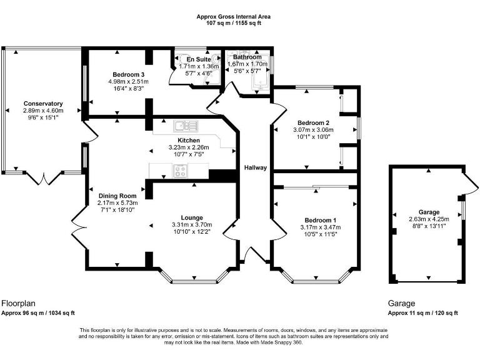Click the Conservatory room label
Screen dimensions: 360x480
pyautogui.click(x=43, y=103)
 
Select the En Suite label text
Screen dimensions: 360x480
pyautogui.click(x=190, y=59)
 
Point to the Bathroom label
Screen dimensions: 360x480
pyautogui.click(x=247, y=57)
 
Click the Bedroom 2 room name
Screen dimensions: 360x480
pyautogui.click(x=312, y=122)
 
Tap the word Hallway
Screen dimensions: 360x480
pyautogui.click(x=256, y=167)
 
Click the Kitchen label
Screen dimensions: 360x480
pyautogui.click(x=189, y=140)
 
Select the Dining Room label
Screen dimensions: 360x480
pyautogui.click(x=117, y=196)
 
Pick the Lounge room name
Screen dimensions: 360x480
pyautogui.click(x=192, y=217)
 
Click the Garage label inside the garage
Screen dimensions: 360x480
pyautogui.click(x=429, y=212)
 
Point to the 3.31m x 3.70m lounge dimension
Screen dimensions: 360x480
pyautogui.click(x=192, y=225)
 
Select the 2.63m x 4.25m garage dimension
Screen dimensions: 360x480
pyautogui.click(x=429, y=219)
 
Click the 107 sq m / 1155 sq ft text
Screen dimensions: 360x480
pyautogui.click(x=234, y=23)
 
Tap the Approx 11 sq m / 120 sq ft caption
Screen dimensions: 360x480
pyautogui.click(x=423, y=313)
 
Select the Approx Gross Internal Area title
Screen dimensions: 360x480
pyautogui.click(x=234, y=16)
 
